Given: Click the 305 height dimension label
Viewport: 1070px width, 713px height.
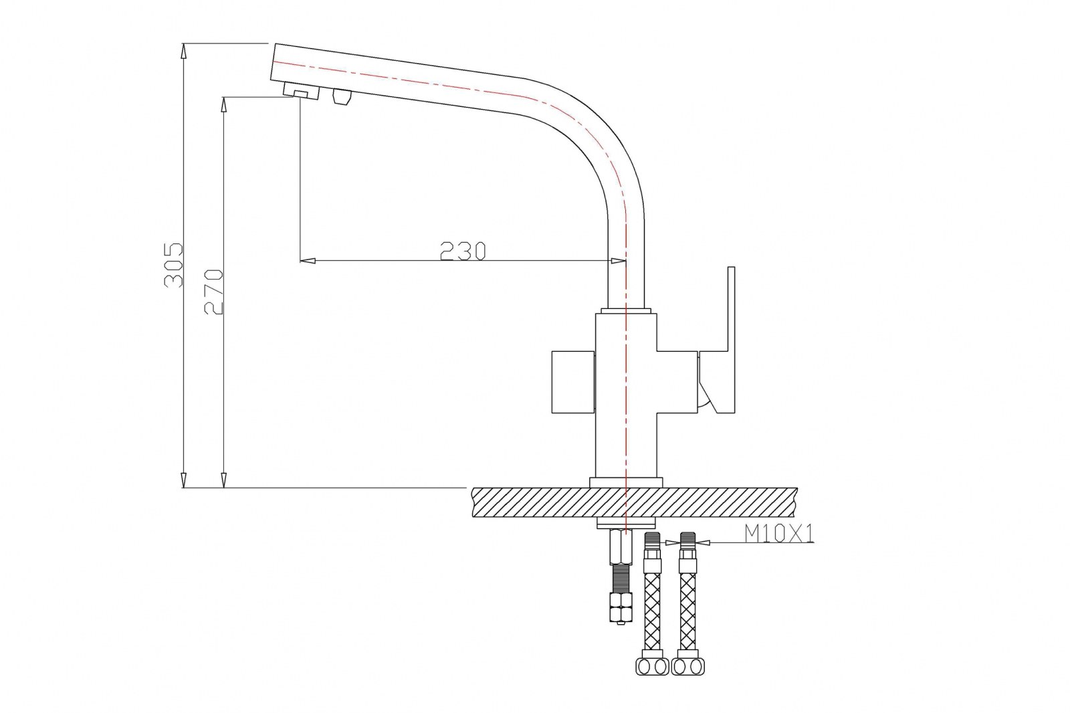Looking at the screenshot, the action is click(173, 266).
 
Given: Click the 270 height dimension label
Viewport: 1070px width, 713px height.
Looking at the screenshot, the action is click(213, 292).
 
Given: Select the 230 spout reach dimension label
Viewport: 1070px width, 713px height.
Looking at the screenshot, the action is click(462, 251).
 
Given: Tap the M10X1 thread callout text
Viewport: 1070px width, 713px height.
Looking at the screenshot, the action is click(778, 533).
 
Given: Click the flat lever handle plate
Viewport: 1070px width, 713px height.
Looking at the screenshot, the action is click(720, 340).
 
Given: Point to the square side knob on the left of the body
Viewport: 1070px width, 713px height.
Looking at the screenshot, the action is click(573, 383).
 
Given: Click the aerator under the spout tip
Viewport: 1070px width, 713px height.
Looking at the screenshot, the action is click(302, 91).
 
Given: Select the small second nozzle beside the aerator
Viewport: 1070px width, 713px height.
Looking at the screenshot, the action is click(342, 96).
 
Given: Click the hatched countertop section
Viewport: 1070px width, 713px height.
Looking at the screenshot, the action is click(635, 502).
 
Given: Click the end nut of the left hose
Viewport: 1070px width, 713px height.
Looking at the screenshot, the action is click(653, 666).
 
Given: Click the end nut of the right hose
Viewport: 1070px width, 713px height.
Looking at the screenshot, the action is click(688, 666).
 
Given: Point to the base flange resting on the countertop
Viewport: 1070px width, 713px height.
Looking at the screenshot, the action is click(626, 483).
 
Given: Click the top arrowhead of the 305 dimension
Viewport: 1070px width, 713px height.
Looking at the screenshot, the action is click(184, 51).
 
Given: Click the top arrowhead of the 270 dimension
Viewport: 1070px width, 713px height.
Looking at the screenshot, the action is click(223, 105).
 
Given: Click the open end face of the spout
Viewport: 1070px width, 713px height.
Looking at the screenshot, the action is click(274, 63).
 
